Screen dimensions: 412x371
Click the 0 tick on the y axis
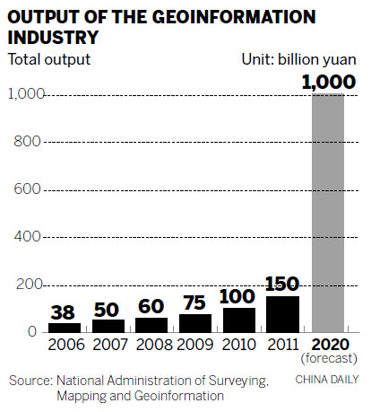(32, 332)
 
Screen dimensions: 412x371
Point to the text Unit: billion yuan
(299, 59)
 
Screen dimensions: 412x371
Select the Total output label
(49, 59)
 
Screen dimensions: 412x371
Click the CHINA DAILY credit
(324, 381)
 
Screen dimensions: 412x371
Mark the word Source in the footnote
(30, 381)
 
